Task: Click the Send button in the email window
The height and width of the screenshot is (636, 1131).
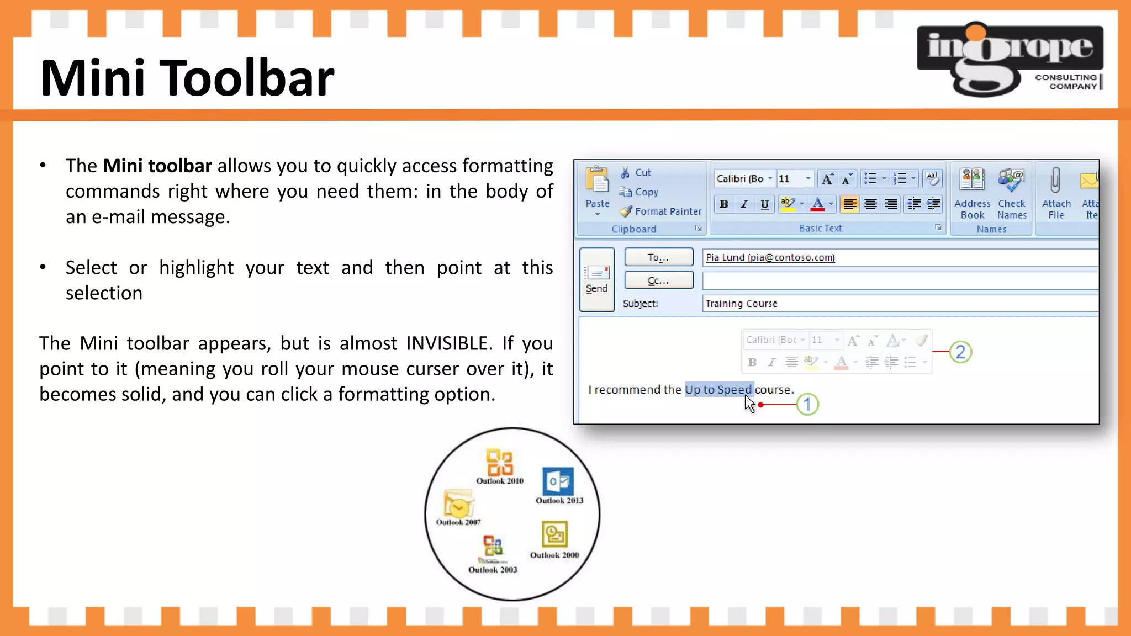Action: [x=596, y=279]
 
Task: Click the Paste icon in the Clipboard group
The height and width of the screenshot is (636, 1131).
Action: [x=597, y=181]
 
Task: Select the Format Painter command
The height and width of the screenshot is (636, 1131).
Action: [x=660, y=211]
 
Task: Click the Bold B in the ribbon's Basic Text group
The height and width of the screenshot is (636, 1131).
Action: [x=723, y=204]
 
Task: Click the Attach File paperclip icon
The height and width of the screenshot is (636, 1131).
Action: [x=1055, y=181]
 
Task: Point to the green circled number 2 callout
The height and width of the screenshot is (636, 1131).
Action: [x=960, y=352]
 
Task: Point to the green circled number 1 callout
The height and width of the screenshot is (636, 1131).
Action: [x=807, y=405]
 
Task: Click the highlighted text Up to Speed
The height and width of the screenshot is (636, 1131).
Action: [x=718, y=390]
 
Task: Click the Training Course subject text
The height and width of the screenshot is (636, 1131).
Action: [x=741, y=304]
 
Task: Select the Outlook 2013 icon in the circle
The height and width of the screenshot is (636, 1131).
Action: [x=558, y=481]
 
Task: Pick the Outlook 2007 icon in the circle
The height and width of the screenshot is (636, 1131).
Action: [x=458, y=504]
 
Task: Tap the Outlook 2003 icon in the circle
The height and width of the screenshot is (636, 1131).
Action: [x=493, y=547]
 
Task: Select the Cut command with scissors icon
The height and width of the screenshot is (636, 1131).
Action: [x=636, y=173]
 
